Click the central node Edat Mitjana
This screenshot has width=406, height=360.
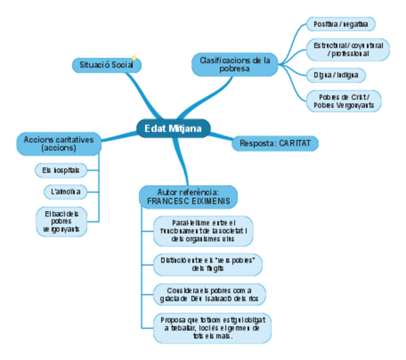point(173,128)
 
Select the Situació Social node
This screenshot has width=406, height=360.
point(107,65)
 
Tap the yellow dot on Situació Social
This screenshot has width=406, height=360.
point(134,58)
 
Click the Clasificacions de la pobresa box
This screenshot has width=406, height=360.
point(235,64)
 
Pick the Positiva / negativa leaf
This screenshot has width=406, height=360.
point(340,23)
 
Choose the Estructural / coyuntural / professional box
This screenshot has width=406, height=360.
point(348,49)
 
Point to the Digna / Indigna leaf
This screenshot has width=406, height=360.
point(336,75)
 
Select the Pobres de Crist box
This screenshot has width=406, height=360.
point(344,101)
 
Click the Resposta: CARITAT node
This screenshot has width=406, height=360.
point(275,143)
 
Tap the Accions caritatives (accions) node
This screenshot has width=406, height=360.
point(59,143)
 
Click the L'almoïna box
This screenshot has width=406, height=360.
point(66,192)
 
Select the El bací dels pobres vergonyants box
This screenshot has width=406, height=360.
point(62,221)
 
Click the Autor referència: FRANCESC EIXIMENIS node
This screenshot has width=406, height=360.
point(188,197)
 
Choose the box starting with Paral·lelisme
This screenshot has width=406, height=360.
point(203,231)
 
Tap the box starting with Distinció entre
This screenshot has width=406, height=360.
point(208,264)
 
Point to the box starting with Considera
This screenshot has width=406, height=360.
point(209,294)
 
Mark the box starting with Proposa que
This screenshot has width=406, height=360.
point(212,328)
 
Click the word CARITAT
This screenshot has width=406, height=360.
point(294,143)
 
